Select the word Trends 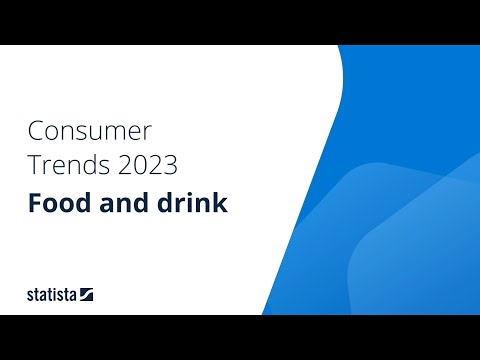point(63,164)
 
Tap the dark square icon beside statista point(88,294)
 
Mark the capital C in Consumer point(36,131)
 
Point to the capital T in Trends point(34,164)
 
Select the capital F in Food point(35,203)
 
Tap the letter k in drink point(221,203)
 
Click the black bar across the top point(240,22)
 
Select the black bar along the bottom point(240,337)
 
